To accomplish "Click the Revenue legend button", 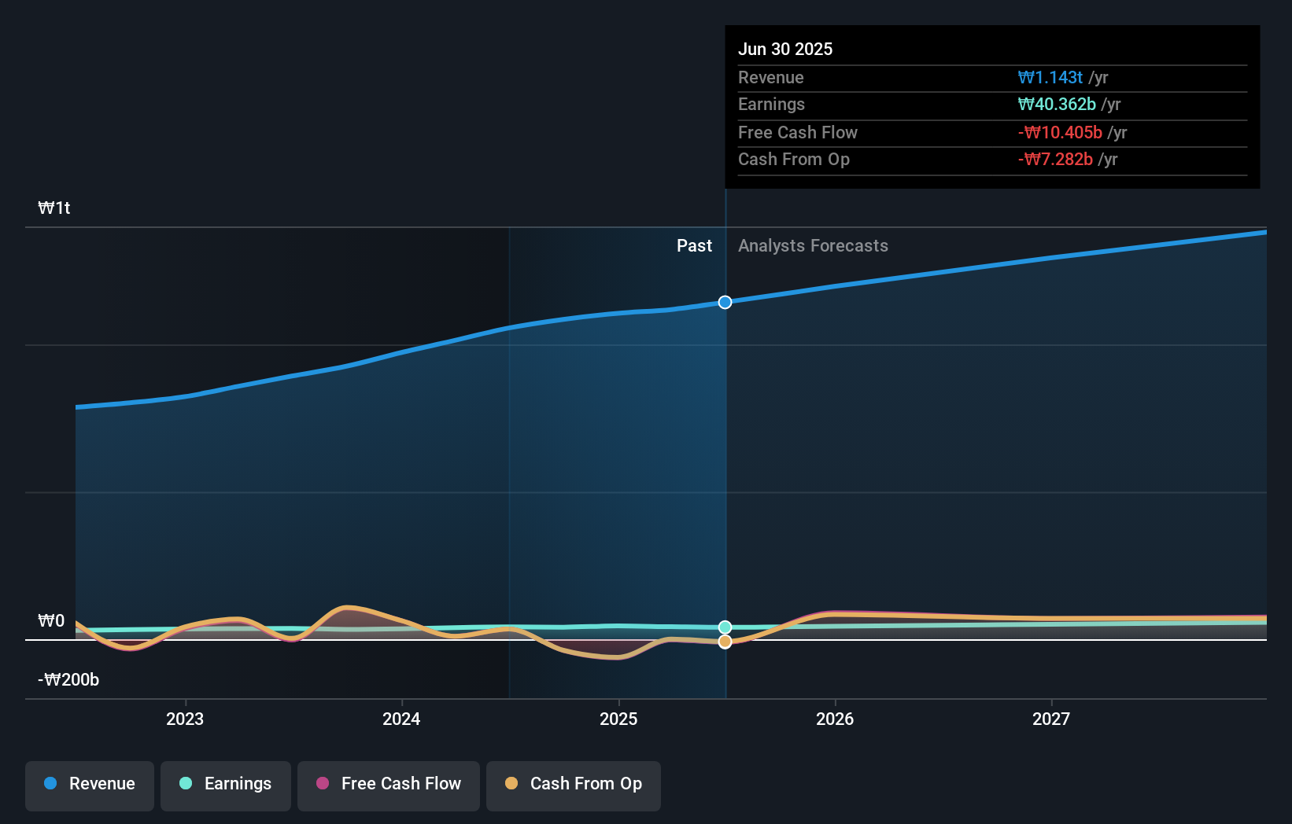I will [90, 785].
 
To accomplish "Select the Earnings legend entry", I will [226, 785].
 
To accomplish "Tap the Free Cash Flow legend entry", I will [389, 785].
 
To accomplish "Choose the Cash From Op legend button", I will [574, 785].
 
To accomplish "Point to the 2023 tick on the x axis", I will [185, 719].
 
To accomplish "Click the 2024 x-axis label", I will [401, 719].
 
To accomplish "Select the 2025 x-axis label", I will [618, 719].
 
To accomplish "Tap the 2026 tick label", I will [835, 719].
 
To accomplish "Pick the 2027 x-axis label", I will [1051, 719].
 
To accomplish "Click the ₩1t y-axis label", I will [54, 208].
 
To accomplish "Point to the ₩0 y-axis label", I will [51, 621].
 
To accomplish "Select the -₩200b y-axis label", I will [68, 680].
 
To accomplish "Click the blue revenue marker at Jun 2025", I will [725, 303].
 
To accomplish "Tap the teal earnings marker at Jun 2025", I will [725, 627].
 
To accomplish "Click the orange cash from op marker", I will [725, 642].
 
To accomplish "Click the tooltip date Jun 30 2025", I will [784, 49].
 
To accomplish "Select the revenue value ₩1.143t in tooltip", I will [1050, 77].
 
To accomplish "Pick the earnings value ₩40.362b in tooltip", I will [1056, 105].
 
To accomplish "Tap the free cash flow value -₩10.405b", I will [1059, 133].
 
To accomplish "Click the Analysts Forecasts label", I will [813, 246].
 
